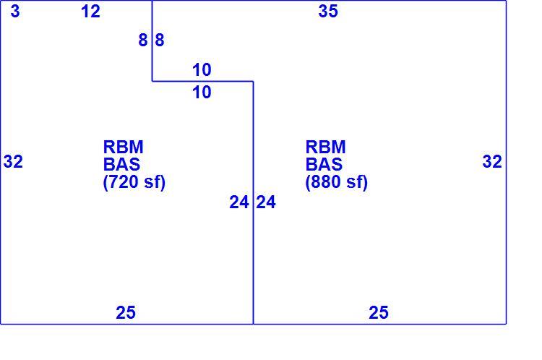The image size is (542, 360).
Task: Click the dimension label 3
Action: (15, 11)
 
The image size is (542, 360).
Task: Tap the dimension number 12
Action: (90, 11)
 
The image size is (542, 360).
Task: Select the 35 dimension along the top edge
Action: (328, 11)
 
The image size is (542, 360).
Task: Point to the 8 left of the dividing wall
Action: (143, 40)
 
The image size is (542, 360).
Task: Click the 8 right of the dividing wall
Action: (160, 40)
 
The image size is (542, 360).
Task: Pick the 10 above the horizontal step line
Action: (202, 70)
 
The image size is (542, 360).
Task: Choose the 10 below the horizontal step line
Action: (202, 93)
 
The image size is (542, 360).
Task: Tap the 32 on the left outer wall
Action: (13, 161)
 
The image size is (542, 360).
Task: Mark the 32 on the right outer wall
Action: (492, 161)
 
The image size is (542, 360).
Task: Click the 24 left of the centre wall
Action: (239, 202)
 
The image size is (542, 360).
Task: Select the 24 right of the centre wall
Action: (266, 202)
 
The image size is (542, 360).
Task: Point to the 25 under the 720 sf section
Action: (126, 312)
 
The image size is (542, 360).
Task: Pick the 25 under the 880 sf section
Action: (379, 312)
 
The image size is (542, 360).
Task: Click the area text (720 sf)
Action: (134, 182)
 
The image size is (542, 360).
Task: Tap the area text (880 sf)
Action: (337, 182)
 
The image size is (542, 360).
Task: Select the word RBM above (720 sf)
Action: (124, 147)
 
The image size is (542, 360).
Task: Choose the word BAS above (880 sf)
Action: (324, 164)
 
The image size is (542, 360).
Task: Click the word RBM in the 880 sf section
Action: (326, 147)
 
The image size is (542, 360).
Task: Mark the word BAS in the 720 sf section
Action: (121, 164)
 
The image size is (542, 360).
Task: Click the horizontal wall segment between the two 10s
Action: (202, 81)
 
